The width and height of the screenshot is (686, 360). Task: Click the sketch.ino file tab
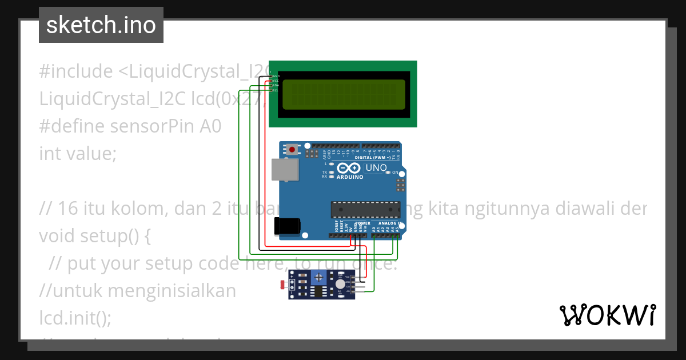click(101, 25)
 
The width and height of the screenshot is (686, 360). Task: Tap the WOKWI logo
click(607, 315)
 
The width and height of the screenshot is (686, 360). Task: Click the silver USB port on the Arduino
click(284, 170)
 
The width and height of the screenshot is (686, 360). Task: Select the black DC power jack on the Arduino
click(287, 226)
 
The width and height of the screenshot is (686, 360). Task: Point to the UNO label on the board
click(376, 168)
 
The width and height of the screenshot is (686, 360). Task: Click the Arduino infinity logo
click(349, 168)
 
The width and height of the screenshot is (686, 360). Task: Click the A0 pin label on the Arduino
click(374, 229)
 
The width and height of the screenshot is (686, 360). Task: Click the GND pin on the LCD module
click(275, 76)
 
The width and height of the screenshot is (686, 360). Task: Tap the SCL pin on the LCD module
click(275, 90)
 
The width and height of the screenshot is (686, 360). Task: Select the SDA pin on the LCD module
click(275, 86)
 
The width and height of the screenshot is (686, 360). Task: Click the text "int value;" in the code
click(78, 154)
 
